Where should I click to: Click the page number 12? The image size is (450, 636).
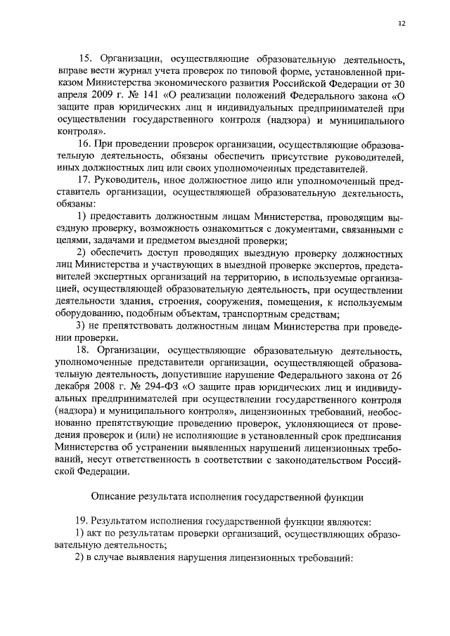click(401, 23)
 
